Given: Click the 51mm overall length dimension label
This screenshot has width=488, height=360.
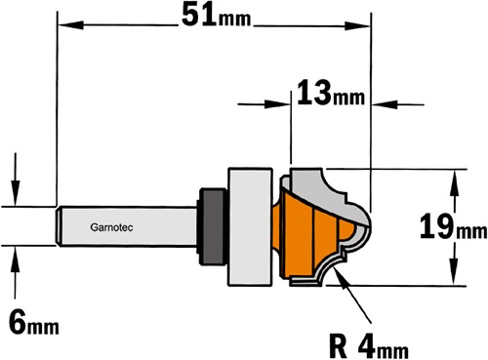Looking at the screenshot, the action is coord(217,16).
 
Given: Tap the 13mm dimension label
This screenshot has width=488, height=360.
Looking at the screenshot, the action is coord(331,93).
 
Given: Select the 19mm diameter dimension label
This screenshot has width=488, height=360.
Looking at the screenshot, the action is coord(453,227).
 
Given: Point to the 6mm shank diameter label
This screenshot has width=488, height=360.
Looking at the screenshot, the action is coord(34,322).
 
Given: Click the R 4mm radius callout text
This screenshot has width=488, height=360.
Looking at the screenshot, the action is coord(369,345).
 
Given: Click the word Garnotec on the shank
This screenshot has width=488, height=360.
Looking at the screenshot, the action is coord(111,227).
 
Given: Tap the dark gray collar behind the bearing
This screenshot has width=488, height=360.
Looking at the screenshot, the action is coord(213,226).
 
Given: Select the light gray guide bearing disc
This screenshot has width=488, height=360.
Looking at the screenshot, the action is coord(250,227).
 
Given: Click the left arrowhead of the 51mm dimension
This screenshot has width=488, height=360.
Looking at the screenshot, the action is coord(70,24).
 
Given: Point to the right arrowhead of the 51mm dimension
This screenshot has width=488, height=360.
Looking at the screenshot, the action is coord(357,25).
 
